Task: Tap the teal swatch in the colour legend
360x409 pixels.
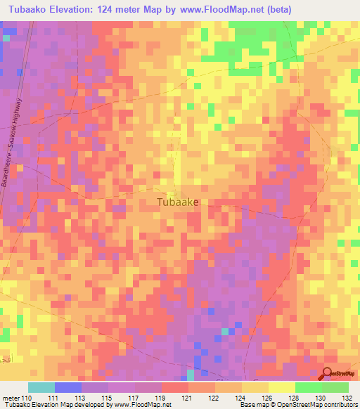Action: click(41, 387)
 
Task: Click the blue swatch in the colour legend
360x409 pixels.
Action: click(68, 387)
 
